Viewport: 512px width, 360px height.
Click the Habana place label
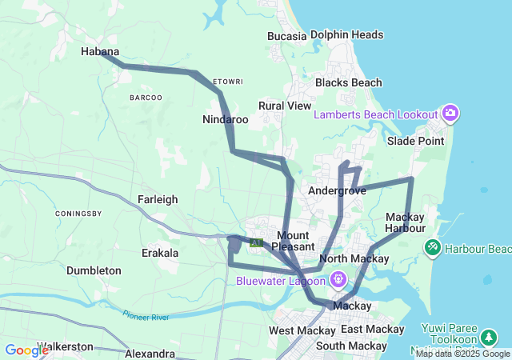(100, 52)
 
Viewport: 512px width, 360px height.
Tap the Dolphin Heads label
(346, 35)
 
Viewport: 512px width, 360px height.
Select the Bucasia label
(287, 36)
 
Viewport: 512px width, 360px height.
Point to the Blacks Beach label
(348, 82)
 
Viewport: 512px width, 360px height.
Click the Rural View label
(285, 106)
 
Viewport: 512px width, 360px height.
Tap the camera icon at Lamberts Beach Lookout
(450, 113)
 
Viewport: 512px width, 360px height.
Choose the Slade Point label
(415, 141)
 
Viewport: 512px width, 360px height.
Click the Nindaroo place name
(226, 120)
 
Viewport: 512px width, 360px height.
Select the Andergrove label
(337, 191)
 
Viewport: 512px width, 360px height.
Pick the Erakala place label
(160, 253)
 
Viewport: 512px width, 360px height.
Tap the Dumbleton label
(94, 270)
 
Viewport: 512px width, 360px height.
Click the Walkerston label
(64, 346)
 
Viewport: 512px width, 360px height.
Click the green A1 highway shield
(256, 242)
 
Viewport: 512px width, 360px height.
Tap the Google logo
(26, 350)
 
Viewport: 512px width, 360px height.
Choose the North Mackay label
(354, 258)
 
